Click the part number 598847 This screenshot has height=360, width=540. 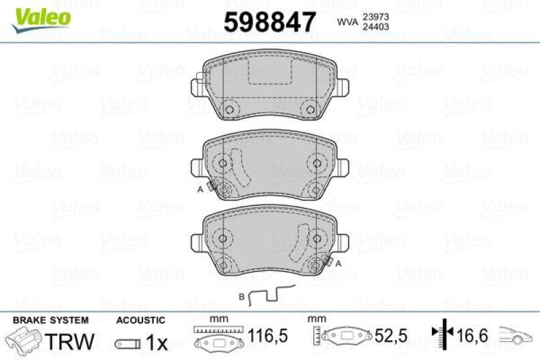(270, 22)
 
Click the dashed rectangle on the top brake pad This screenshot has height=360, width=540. (270, 75)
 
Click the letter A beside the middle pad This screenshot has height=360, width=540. (200, 191)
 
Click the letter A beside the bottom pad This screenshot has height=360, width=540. (338, 263)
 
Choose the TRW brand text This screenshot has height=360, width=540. (69, 342)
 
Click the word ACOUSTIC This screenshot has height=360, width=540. (140, 320)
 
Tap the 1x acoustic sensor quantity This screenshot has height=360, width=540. (157, 343)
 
